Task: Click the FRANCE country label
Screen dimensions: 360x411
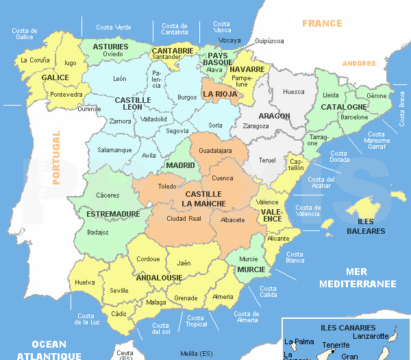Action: pyautogui.click(x=322, y=23)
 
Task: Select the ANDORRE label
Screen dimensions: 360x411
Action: pyautogui.click(x=359, y=63)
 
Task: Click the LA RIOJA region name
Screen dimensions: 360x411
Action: pyautogui.click(x=220, y=94)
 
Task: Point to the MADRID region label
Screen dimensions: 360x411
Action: pyautogui.click(x=180, y=165)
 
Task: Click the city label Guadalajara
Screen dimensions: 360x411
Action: pyautogui.click(x=215, y=150)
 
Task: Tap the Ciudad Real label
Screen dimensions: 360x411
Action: pyautogui.click(x=184, y=218)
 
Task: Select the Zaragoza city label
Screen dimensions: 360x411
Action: pyautogui.click(x=256, y=126)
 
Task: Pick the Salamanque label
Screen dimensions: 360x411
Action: pyautogui.click(x=114, y=149)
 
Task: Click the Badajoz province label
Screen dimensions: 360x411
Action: pyautogui.click(x=98, y=232)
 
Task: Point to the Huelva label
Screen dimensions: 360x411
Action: pyautogui.click(x=84, y=282)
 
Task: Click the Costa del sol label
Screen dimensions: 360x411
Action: pyautogui.click(x=161, y=329)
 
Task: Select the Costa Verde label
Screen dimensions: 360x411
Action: pyautogui.click(x=114, y=27)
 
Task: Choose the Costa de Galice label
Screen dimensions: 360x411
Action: pyautogui.click(x=24, y=34)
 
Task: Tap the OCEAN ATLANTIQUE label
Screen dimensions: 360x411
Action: pyautogui.click(x=49, y=350)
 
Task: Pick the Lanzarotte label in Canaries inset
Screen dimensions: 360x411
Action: pyautogui.click(x=370, y=337)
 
